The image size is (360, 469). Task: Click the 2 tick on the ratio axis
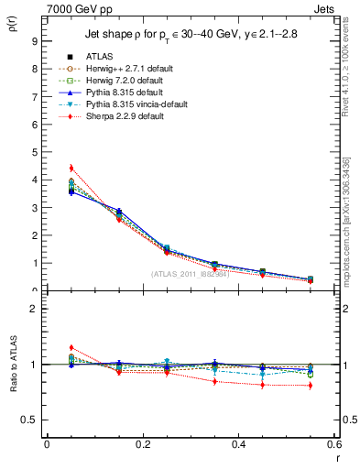(34, 309)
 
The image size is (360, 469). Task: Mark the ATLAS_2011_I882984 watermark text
(190, 273)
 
